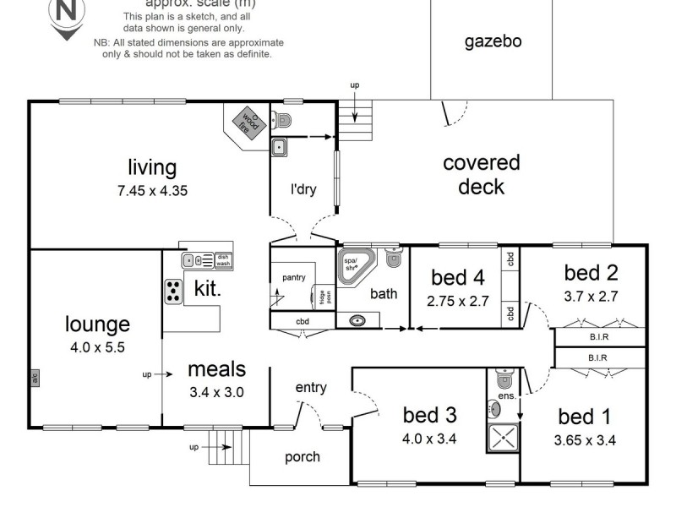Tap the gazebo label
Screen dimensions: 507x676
click(493, 41)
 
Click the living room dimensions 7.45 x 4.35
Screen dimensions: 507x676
click(152, 191)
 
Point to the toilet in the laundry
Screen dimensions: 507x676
click(283, 119)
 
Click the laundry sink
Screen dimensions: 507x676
click(280, 148)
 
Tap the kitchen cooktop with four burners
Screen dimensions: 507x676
click(173, 291)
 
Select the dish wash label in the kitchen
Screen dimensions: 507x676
click(222, 260)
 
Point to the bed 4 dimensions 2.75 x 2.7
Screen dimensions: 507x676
click(459, 299)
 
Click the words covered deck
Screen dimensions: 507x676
click(481, 174)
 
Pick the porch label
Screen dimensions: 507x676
click(302, 457)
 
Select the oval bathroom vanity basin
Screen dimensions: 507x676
click(358, 321)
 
